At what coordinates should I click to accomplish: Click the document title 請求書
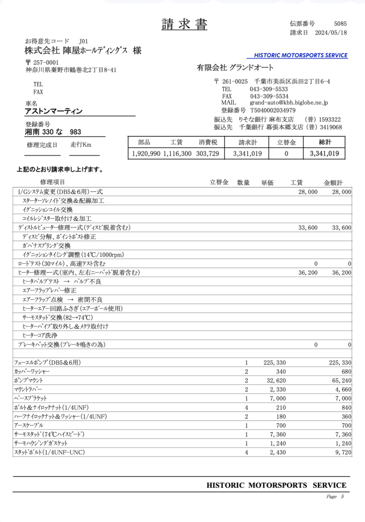185,24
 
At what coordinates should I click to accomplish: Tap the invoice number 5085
341,23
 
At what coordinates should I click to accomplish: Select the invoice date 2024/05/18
332,33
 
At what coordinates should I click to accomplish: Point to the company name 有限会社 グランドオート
235,68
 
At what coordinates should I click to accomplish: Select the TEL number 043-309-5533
269,89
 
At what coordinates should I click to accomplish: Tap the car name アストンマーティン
54,111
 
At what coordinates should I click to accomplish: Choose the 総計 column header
325,142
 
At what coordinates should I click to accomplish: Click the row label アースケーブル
29,425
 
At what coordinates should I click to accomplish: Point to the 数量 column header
243,182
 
